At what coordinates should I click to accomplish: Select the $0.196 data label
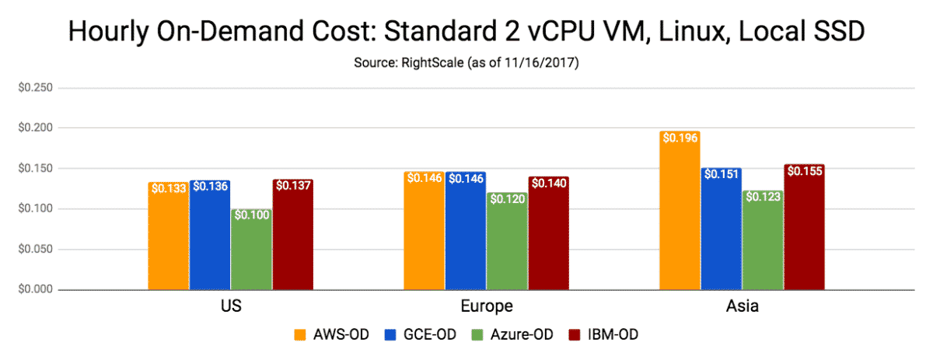tap(680, 138)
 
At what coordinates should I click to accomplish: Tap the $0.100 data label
tap(252, 215)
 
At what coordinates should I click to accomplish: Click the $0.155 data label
tap(804, 171)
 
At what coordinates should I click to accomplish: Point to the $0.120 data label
tap(507, 199)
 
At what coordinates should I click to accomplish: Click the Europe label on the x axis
tap(487, 306)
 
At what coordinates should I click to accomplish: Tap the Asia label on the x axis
tap(742, 306)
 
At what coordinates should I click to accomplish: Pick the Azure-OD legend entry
tap(519, 335)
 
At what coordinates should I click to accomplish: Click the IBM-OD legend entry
tap(612, 335)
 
